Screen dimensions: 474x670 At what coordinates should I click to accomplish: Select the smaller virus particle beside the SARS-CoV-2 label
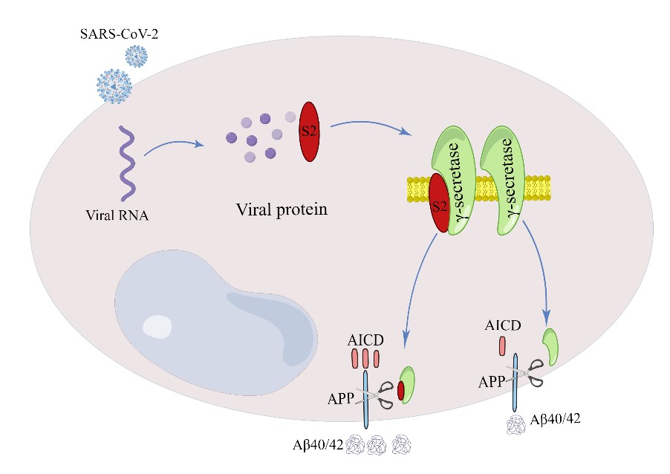tap(136, 55)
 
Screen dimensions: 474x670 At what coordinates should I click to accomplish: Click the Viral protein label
tap(281, 209)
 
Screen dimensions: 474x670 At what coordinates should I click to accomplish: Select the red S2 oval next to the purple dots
tap(308, 131)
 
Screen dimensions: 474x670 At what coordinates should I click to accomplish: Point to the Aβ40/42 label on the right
tap(554, 419)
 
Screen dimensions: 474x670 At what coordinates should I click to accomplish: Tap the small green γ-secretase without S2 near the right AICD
tap(550, 345)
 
